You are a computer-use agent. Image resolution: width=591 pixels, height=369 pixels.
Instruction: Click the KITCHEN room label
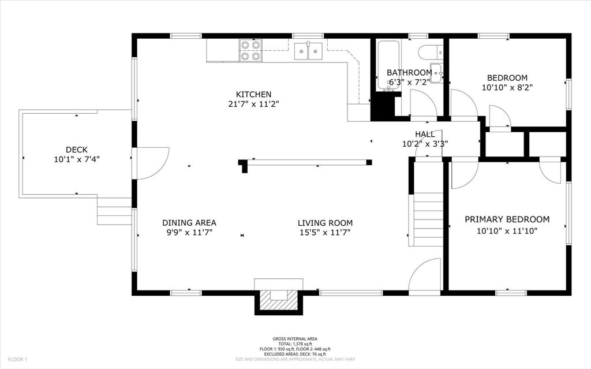click(253, 94)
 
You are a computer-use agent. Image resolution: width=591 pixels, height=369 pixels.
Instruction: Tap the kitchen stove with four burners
click(250, 50)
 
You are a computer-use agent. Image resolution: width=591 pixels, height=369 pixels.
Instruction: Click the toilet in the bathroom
click(429, 52)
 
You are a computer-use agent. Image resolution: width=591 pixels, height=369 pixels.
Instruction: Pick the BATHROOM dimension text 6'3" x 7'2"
click(409, 82)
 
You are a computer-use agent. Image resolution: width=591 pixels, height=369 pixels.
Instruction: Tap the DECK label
click(76, 149)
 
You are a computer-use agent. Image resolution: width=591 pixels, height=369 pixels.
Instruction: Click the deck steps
click(115, 211)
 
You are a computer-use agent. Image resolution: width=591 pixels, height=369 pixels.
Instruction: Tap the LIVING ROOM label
click(325, 223)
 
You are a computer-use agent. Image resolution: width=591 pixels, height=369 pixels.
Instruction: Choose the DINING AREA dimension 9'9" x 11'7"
click(189, 233)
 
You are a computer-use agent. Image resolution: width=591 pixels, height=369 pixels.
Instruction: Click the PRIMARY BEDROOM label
click(507, 219)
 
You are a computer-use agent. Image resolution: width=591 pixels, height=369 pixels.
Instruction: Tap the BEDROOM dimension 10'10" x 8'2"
click(507, 88)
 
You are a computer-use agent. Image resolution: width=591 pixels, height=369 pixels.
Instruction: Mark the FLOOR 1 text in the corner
click(17, 359)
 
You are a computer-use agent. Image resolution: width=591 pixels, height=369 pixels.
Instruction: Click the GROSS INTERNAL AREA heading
click(295, 339)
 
